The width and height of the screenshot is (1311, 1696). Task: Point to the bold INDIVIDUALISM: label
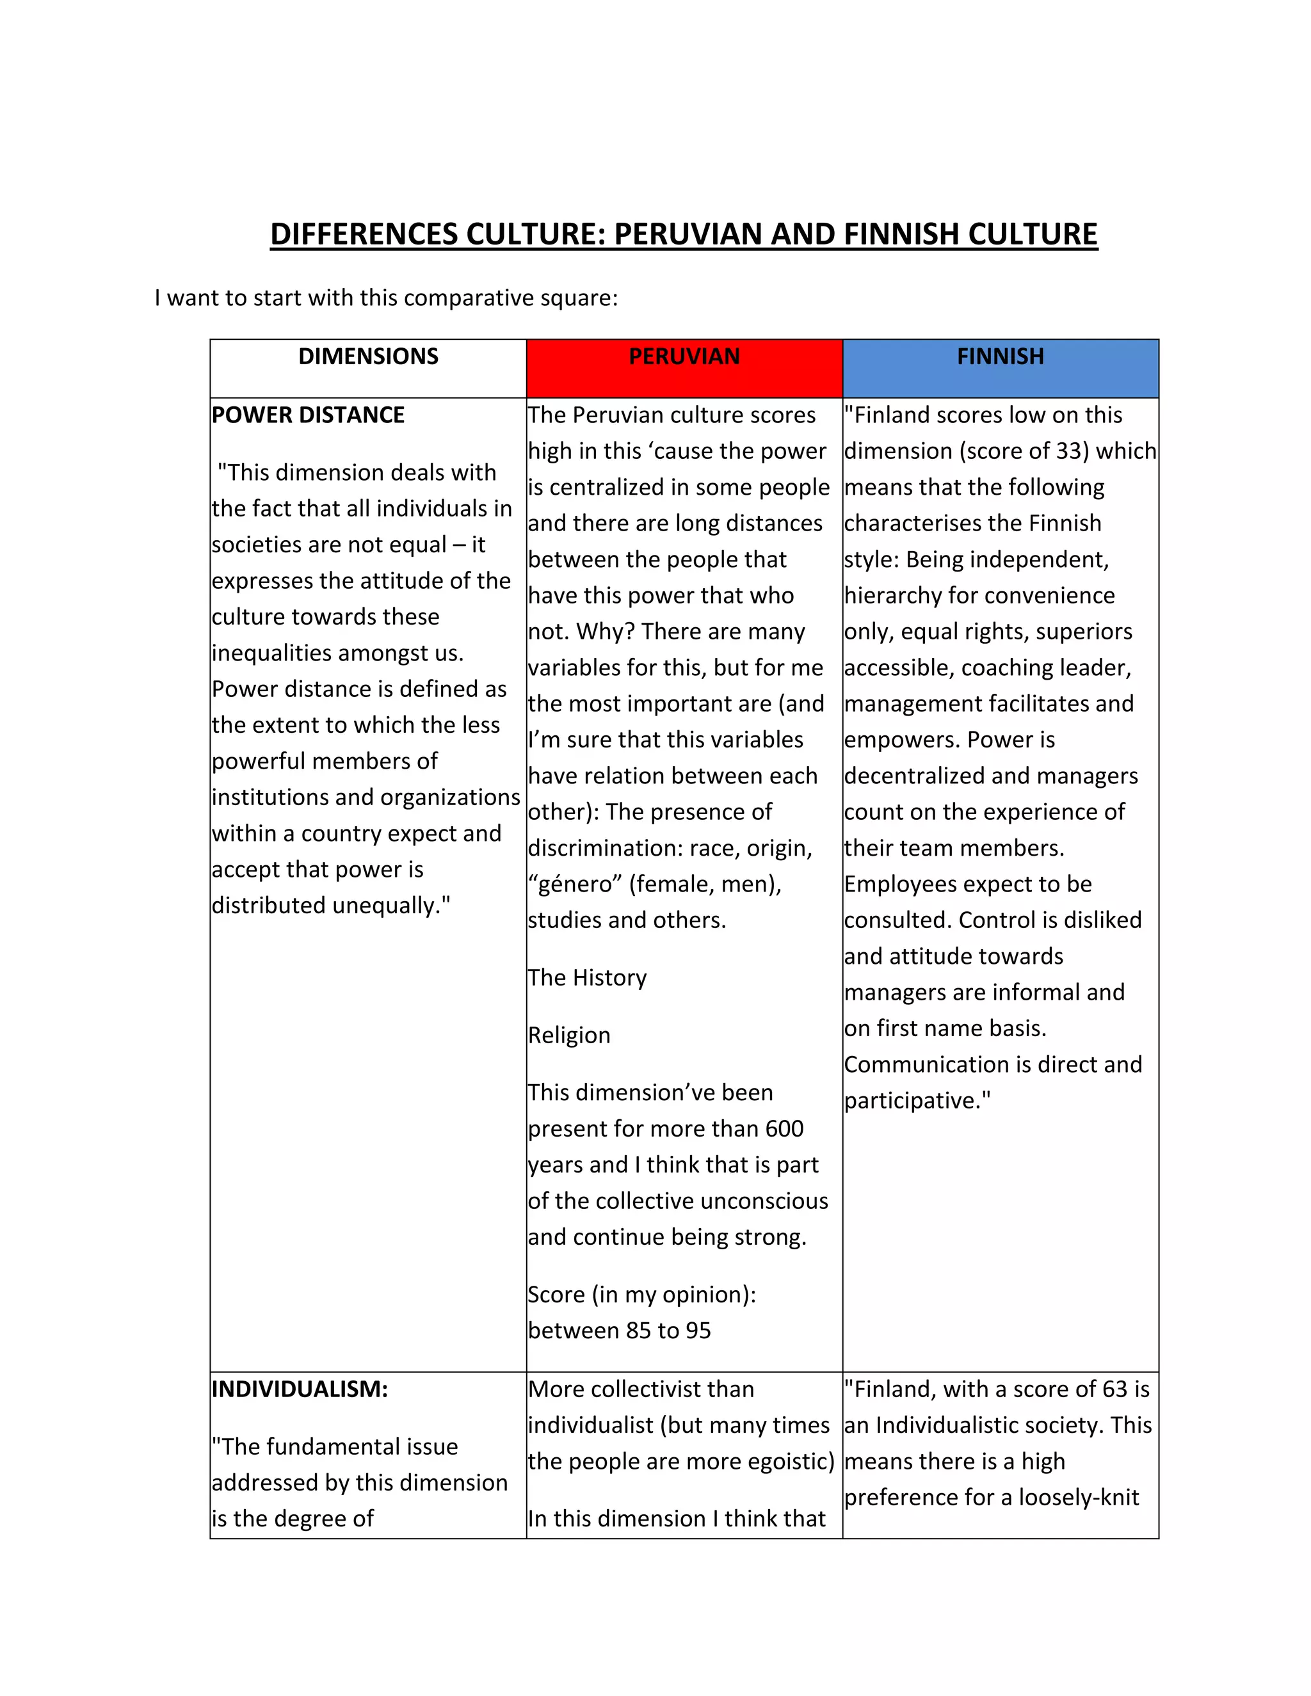299,1389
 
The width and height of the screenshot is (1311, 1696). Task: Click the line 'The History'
587,978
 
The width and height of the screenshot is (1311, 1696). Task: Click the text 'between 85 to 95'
619,1331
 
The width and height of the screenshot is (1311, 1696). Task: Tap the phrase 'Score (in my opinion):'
641,1295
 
